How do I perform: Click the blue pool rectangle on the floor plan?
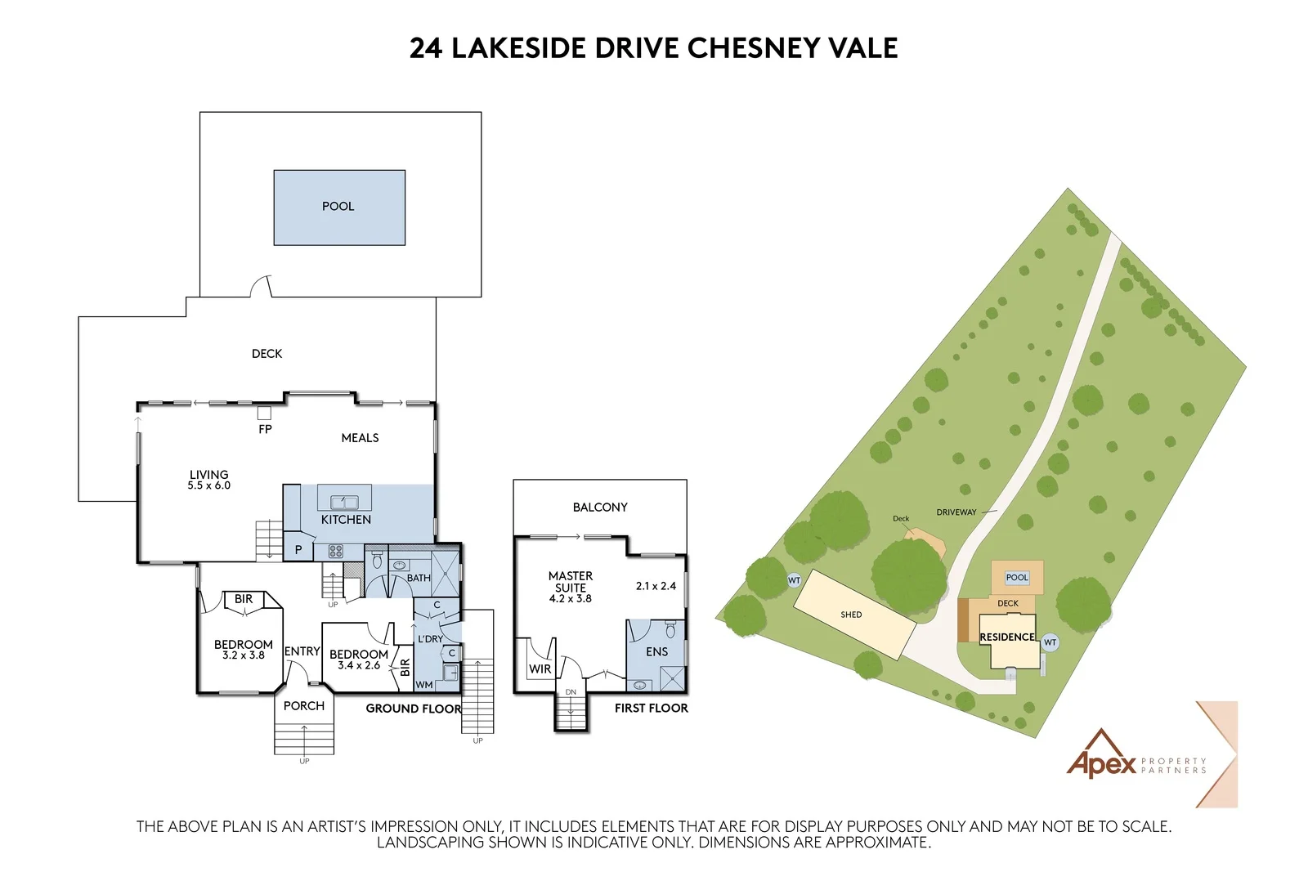[339, 208]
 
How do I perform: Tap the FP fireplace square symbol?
[265, 414]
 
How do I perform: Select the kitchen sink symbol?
[344, 502]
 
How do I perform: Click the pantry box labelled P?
[298, 549]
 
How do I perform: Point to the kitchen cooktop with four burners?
[336, 551]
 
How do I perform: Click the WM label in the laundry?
[424, 685]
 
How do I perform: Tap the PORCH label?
[303, 705]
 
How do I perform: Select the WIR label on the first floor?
[540, 669]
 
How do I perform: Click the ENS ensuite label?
[657, 651]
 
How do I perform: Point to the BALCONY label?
[600, 508]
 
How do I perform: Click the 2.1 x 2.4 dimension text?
[656, 586]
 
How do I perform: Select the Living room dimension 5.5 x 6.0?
[209, 485]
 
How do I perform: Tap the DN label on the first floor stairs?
[571, 692]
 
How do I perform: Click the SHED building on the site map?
[854, 615]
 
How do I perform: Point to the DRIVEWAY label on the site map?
[956, 512]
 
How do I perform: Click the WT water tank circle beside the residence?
[1050, 642]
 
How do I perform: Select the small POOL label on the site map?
[1017, 578]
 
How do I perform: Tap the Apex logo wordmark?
[1101, 764]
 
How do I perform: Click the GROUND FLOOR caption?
[414, 709]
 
